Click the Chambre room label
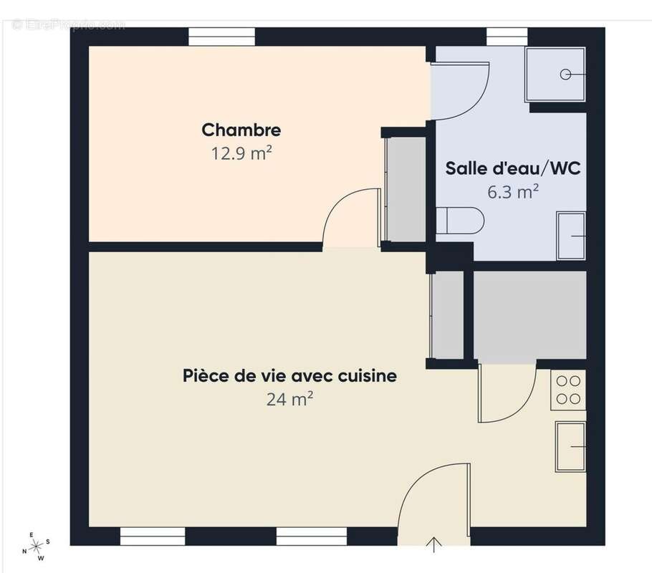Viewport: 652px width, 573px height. pos(241,130)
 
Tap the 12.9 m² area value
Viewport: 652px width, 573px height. pos(241,153)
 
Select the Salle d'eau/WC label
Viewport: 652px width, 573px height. pos(512,169)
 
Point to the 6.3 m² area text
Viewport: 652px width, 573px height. pos(512,192)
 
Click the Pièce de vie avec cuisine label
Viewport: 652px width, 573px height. pos(289,376)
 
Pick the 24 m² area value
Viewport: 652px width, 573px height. pos(289,399)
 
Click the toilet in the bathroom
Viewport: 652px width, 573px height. pos(460,221)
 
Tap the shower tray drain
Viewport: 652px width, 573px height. pos(566,74)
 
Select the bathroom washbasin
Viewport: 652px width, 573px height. pos(571,236)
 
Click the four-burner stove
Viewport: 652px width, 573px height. pos(568,390)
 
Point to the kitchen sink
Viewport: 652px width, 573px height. pos(570,446)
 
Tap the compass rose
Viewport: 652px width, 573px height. pos(35,546)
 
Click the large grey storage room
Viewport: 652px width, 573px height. pos(529,315)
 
